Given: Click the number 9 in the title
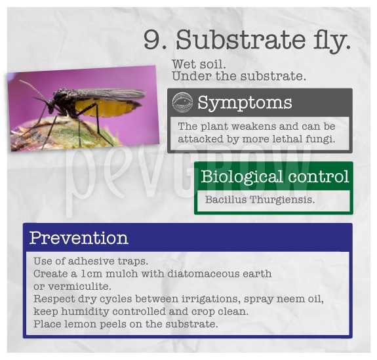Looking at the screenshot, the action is (152, 39).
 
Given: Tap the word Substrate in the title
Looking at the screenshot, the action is (241, 39).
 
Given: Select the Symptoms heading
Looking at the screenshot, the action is (245, 103).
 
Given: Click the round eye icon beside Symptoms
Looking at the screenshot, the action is (182, 102).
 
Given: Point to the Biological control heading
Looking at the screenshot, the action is (275, 176).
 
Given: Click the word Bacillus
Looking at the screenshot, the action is (226, 199).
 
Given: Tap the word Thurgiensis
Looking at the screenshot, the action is (282, 200).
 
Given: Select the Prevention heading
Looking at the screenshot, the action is (79, 238).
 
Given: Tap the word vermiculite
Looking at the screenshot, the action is (79, 287).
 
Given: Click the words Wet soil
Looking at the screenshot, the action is (199, 64).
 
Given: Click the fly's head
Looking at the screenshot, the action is (51, 106).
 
